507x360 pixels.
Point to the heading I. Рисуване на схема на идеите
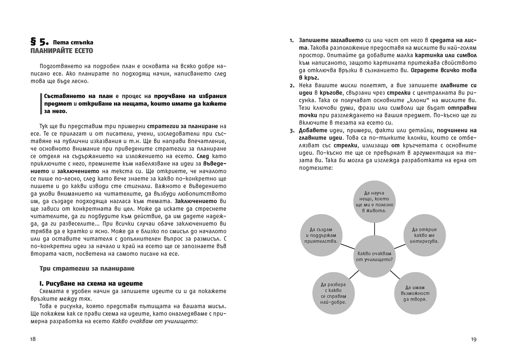pyautogui.click(x=91, y=284)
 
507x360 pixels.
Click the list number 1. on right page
pyautogui.click(x=292, y=41)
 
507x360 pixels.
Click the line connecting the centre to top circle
pyautogui.click(x=374, y=229)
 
